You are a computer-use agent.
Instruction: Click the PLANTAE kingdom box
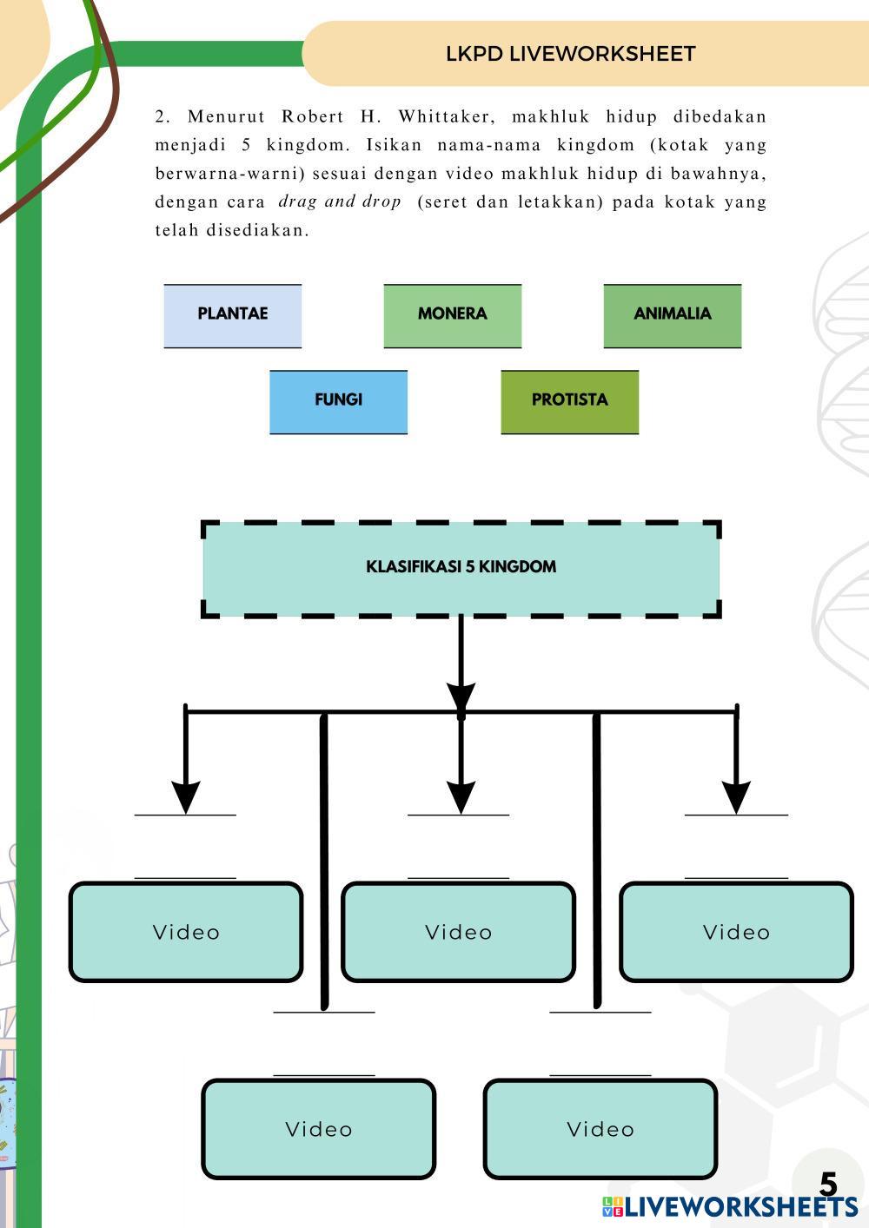coord(232,315)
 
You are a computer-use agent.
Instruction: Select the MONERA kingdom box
coord(452,315)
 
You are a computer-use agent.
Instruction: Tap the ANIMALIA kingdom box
coord(672,315)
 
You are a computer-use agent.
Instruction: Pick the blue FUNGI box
coord(338,401)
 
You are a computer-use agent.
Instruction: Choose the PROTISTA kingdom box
coord(569,401)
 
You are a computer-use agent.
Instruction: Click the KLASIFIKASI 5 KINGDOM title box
coord(461,568)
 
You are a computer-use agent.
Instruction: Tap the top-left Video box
coord(186,932)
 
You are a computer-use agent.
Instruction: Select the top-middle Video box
coord(458,932)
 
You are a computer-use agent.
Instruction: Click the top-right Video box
coord(736,932)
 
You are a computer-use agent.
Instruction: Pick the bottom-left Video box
coord(318,1129)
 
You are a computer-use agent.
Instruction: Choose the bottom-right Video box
coord(600,1129)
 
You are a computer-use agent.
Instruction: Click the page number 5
coord(828,1185)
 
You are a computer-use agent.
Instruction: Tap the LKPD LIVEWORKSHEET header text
coord(570,54)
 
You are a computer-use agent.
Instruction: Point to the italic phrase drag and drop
coord(339,201)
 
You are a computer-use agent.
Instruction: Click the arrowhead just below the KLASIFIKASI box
coord(461,697)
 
